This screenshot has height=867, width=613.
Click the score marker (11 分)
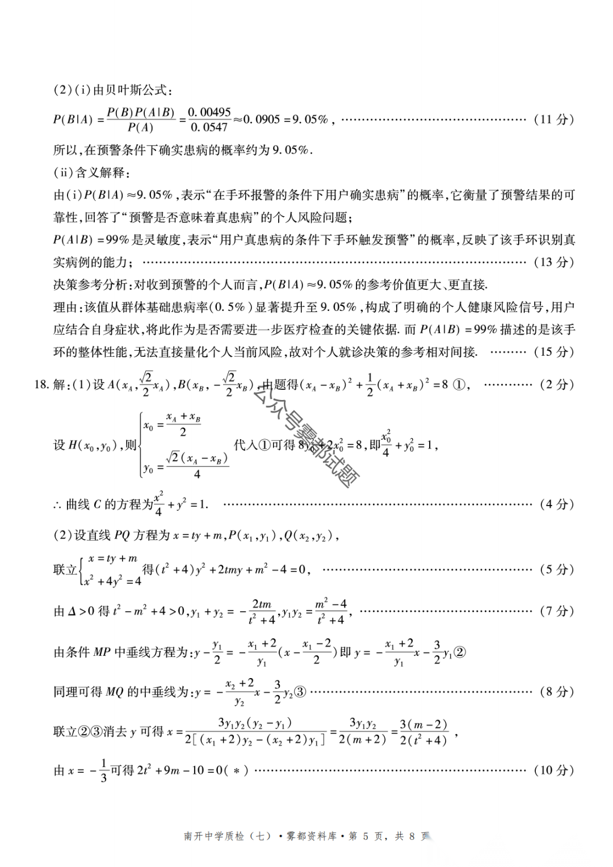pyautogui.click(x=554, y=119)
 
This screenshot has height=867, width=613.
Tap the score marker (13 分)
pyautogui.click(x=554, y=262)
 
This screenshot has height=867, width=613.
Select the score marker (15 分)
pyautogui.click(x=554, y=352)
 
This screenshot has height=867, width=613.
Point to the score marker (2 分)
pyautogui.click(x=557, y=385)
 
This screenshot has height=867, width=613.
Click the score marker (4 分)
pyautogui.click(x=557, y=504)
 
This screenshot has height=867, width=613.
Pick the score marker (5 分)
pyautogui.click(x=557, y=570)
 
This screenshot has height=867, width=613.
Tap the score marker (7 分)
pyautogui.click(x=557, y=611)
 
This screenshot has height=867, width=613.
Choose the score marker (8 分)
pyautogui.click(x=557, y=692)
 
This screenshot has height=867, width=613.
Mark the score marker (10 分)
pyautogui.click(x=554, y=770)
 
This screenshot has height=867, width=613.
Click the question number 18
pyautogui.click(x=41, y=385)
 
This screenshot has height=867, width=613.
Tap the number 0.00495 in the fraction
pyautogui.click(x=209, y=112)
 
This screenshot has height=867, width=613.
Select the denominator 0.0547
pyautogui.click(x=209, y=128)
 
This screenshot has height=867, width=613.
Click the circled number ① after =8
pyautogui.click(x=459, y=385)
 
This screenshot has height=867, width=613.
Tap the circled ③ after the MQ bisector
pyautogui.click(x=300, y=692)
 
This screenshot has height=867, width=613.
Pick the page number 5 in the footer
pyautogui.click(x=366, y=836)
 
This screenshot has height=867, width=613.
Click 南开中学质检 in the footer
pyautogui.click(x=214, y=836)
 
